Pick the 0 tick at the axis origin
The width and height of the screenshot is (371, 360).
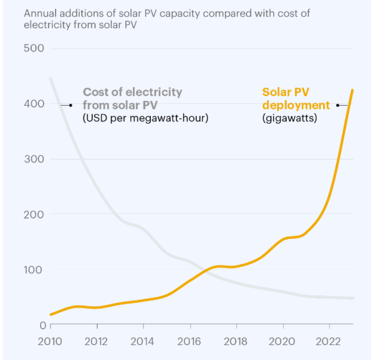tap(42, 325)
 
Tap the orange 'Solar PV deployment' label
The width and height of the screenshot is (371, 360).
tap(295, 98)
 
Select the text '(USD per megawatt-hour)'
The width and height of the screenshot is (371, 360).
tap(145, 117)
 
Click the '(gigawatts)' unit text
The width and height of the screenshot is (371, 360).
tap(289, 117)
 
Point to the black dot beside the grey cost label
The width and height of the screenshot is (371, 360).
tap(71, 105)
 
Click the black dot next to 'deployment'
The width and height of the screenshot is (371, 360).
tap(338, 105)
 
